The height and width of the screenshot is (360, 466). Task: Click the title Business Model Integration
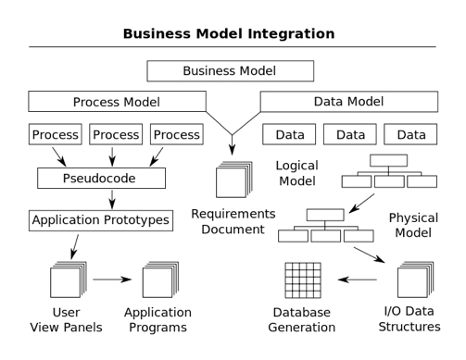point(233,33)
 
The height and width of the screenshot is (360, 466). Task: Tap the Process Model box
point(117,101)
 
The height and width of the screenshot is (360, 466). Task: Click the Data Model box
point(348,101)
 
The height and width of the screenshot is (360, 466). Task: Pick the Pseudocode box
point(101,177)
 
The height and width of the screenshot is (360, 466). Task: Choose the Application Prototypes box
point(101,220)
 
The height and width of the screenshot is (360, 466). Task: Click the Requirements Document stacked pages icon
point(233,178)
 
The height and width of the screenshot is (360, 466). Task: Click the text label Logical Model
point(296,173)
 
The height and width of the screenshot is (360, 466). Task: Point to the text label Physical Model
point(412,225)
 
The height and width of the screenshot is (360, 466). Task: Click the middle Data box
point(350,134)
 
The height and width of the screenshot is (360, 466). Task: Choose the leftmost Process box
point(55,134)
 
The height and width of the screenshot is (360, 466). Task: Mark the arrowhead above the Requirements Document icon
point(233,146)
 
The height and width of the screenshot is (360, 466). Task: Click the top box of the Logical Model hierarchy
point(386,160)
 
